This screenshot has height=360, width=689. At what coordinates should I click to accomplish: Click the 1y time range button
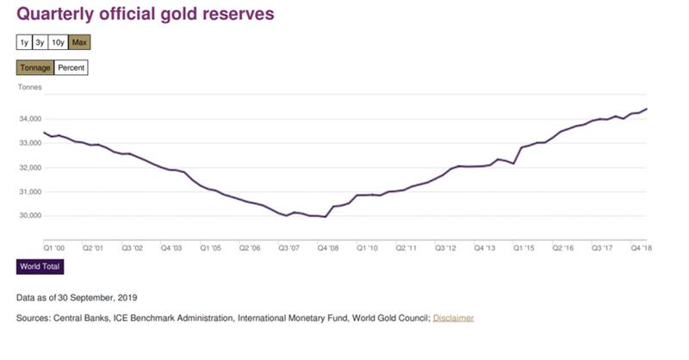(23, 41)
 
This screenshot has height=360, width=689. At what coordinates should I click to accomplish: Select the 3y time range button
(40, 41)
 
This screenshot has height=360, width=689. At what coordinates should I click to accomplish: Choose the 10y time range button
(58, 41)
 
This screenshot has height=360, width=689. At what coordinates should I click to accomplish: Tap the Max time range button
(79, 41)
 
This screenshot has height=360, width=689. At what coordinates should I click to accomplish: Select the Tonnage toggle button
(35, 67)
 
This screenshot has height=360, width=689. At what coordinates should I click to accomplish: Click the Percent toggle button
(71, 67)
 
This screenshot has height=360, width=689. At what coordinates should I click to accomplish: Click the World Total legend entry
(40, 267)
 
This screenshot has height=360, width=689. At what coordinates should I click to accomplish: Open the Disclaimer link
(453, 318)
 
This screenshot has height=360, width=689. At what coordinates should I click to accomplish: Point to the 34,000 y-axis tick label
(30, 119)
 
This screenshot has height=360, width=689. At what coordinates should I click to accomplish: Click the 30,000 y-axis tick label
(30, 215)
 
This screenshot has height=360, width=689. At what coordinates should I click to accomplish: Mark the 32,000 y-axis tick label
(30, 167)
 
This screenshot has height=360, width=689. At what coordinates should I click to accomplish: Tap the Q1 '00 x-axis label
(54, 247)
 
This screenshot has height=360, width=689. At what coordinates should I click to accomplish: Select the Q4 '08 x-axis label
(328, 247)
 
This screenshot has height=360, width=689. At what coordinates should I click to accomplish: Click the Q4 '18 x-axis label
(642, 247)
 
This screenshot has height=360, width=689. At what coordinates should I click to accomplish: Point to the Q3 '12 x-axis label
(446, 247)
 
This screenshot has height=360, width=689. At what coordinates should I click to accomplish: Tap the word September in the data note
(102, 296)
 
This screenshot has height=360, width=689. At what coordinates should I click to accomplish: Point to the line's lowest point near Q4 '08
(325, 217)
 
